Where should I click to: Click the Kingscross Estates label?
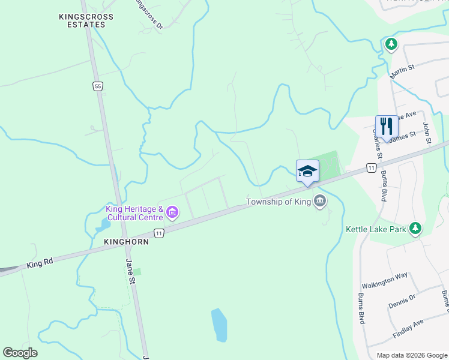[82, 20]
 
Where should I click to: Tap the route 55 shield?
[97, 86]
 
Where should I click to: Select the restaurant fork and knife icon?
[387, 127]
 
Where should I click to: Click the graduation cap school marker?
[307, 170]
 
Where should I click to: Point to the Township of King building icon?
[320, 202]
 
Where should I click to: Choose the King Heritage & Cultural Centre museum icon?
[172, 212]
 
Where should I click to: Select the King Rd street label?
[40, 263]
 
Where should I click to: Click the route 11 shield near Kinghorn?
[158, 233]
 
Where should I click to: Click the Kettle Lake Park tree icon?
[414, 229]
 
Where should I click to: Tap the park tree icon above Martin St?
[391, 44]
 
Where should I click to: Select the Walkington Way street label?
[384, 279]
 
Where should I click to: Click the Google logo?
[20, 353]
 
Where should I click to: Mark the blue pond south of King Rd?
[220, 325]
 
